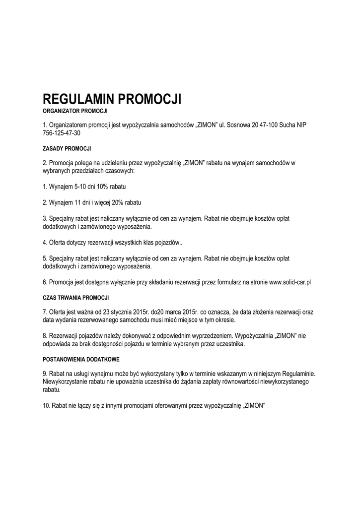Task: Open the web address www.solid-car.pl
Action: pyautogui.click(x=289, y=282)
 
